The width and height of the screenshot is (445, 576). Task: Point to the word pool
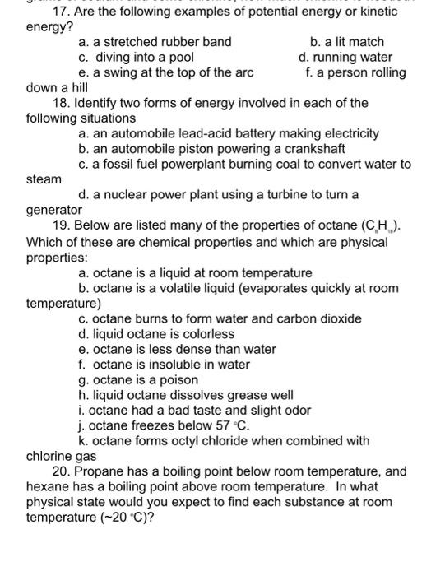[178, 58]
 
